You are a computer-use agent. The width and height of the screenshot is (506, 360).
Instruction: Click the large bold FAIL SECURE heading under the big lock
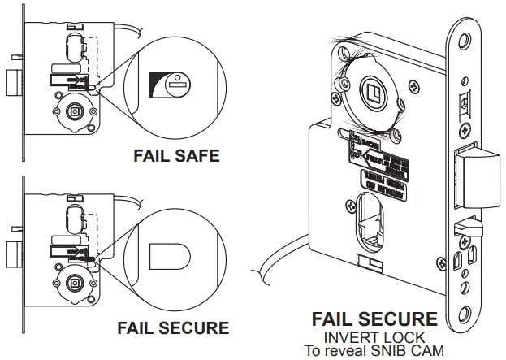374,319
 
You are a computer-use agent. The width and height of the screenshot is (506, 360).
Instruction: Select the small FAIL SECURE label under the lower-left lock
172,328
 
